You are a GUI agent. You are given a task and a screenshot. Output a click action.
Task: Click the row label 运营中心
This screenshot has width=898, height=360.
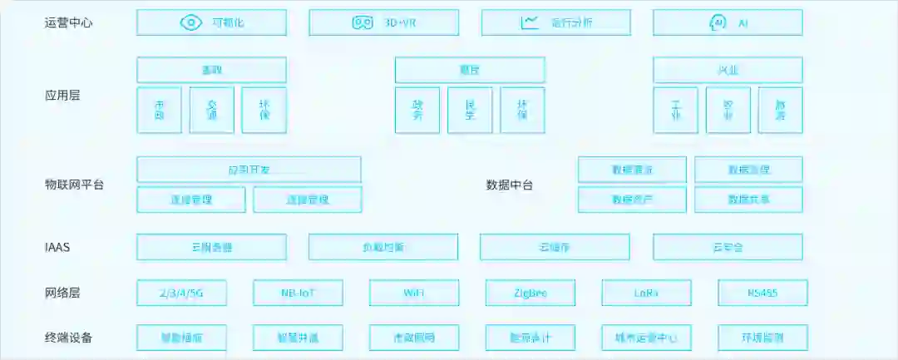pos(68,22)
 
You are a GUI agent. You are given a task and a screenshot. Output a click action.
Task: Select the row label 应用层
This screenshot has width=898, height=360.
pos(62,96)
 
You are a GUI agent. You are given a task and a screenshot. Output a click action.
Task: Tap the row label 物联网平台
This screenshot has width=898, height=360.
pos(74,185)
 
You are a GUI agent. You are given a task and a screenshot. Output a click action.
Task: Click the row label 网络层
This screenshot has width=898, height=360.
pos(62,293)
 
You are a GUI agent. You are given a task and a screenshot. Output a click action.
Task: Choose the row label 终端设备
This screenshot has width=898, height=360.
pos(68,338)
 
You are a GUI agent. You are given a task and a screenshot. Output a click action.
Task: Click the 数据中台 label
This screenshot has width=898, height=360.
pos(509,185)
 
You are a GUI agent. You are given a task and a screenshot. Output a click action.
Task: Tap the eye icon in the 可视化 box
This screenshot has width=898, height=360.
pos(191,22)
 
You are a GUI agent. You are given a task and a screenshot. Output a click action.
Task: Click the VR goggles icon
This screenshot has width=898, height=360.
pos(363,22)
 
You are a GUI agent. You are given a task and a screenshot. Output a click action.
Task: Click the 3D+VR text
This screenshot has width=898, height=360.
pos(400,22)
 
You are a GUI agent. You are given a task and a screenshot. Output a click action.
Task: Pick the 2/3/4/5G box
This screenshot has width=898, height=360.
pos(181,293)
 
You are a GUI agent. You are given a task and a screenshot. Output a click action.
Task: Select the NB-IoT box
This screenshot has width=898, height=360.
pos(298,293)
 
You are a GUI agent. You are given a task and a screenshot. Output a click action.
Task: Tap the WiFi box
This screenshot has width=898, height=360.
pos(414,293)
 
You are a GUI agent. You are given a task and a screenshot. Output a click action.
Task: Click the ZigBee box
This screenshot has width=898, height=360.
pos(530,293)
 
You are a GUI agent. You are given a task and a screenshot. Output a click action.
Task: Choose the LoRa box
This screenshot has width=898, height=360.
pos(646,293)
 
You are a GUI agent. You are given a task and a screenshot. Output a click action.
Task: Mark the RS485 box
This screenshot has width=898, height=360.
pos(762,293)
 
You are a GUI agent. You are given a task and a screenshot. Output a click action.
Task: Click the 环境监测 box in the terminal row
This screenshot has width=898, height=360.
pos(762,338)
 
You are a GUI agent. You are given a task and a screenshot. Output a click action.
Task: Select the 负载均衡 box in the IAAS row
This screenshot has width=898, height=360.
pos(383,247)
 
